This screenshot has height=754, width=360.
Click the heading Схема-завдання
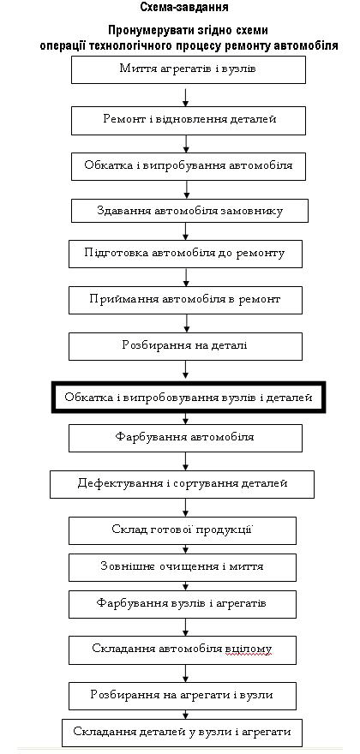tap(184, 7)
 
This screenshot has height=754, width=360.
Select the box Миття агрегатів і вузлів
tap(189, 69)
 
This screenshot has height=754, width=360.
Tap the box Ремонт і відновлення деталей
tap(189, 120)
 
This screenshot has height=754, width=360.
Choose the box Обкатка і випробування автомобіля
tap(189, 166)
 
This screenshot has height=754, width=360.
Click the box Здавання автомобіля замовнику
tap(190, 211)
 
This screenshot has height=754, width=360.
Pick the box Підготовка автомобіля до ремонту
tap(185, 254)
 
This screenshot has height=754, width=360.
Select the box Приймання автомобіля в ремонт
tap(185, 300)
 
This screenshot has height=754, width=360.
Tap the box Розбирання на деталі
tap(185, 346)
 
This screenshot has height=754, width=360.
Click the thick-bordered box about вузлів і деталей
tap(189, 398)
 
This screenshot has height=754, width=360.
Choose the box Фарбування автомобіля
tap(185, 438)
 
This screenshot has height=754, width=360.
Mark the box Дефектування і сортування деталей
tap(182, 484)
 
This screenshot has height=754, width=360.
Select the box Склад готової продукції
tap(183, 530)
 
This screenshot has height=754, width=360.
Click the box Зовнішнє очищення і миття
tap(183, 567)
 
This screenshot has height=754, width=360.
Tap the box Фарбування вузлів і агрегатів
tap(183, 604)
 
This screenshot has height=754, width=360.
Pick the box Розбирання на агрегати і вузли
tap(183, 697)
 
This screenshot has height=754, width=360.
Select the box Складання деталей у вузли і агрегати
tap(183, 733)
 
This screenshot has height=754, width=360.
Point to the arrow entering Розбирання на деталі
tap(186, 323)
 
